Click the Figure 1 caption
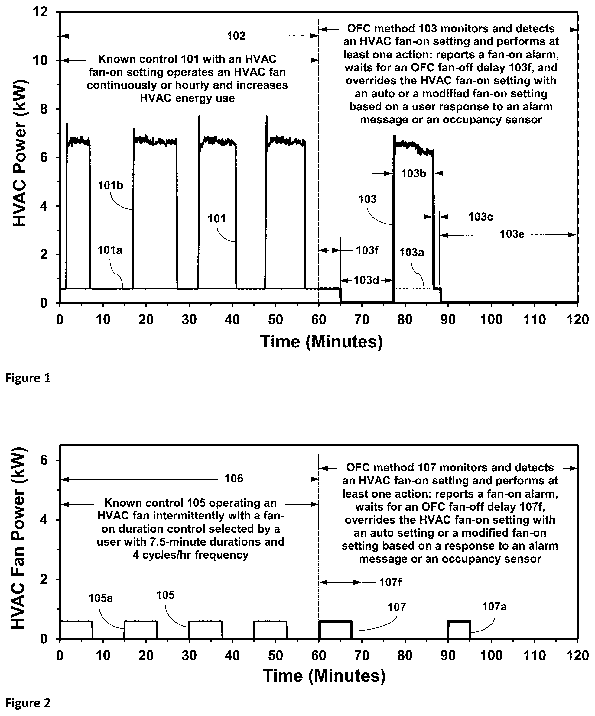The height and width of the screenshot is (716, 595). [28, 378]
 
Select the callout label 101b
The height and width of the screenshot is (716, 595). [111, 185]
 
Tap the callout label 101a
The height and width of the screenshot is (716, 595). [110, 250]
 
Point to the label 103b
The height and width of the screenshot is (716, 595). [414, 173]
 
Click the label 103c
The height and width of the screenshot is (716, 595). [480, 217]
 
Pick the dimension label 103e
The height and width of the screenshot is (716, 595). [512, 234]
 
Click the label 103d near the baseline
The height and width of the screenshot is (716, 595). [366, 280]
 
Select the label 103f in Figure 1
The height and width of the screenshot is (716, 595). [367, 250]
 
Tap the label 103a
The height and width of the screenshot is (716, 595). [411, 252]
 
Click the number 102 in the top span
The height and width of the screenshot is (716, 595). [236, 36]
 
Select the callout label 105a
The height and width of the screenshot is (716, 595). [100, 598]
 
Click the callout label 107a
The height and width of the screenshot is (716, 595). [494, 607]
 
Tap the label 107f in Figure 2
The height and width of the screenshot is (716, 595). [390, 582]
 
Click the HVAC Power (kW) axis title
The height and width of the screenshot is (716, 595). [19, 153]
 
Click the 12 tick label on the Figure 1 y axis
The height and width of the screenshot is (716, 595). [40, 12]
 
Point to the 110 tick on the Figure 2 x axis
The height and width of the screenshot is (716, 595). [534, 655]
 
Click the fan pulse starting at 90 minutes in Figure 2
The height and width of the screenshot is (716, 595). [459, 621]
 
